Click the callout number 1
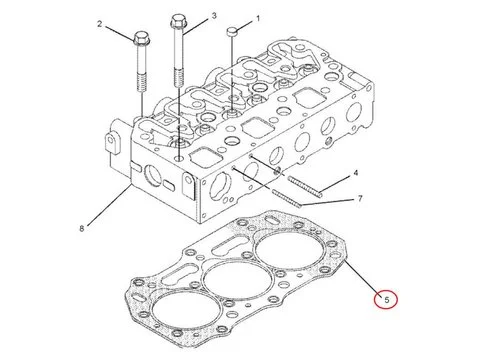coord(257,19)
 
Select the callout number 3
coord(213,17)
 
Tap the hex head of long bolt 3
coord(180,19)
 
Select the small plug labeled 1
coord(232,32)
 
